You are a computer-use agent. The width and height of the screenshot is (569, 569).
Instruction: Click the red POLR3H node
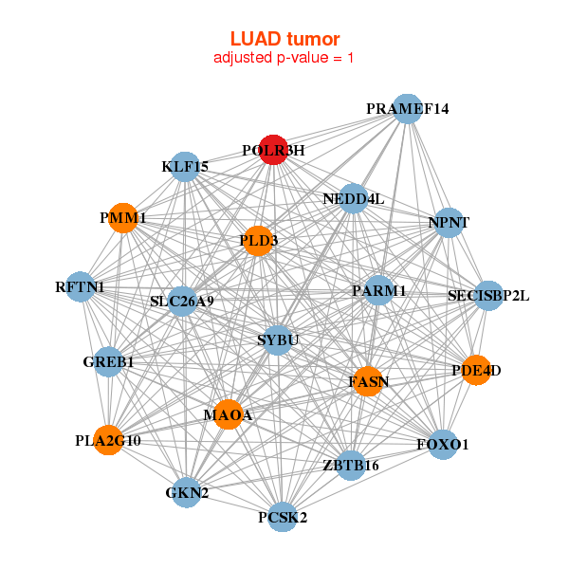coord(273,150)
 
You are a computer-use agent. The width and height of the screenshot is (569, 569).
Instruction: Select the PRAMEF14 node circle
coord(407,108)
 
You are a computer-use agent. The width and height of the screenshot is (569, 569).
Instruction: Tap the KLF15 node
coord(185,167)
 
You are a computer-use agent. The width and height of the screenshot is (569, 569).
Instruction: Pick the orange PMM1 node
coord(122,218)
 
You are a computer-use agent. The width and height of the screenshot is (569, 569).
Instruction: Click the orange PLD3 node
coord(257,241)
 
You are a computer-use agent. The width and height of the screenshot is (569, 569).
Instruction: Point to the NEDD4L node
coord(354,198)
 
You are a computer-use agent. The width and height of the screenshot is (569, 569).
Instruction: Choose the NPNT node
coord(449,223)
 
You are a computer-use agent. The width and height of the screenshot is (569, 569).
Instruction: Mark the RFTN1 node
coord(81,286)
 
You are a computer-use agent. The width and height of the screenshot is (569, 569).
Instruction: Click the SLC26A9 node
coord(182,302)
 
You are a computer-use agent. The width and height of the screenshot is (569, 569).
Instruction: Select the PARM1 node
coord(378,290)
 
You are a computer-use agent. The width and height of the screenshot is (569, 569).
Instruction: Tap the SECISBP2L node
coord(488,296)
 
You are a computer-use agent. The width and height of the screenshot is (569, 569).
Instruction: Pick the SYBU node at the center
coord(278,340)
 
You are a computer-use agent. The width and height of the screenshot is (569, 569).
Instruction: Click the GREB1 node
coord(108,361)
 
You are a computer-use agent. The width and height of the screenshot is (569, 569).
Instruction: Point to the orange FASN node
coord(368,381)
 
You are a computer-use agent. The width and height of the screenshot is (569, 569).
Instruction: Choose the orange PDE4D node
coord(476,370)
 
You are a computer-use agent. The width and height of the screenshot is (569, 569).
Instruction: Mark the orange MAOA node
coord(228,414)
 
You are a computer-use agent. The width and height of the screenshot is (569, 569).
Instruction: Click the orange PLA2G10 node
coord(109,440)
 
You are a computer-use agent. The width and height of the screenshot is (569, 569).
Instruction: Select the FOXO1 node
coord(443,444)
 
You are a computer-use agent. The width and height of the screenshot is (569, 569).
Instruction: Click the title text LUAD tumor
coord(284,39)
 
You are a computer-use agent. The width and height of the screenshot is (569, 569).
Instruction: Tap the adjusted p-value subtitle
coord(284,58)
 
